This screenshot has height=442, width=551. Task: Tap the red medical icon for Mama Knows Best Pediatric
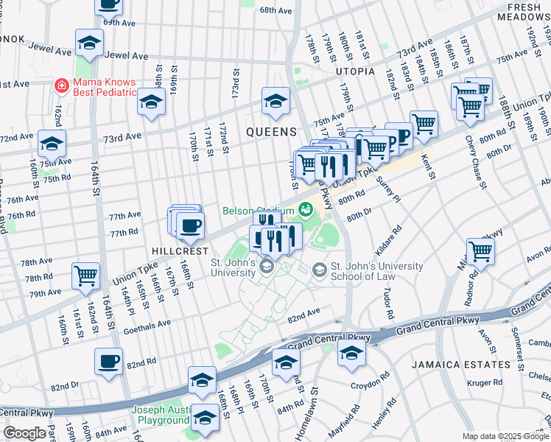[x=62, y=85]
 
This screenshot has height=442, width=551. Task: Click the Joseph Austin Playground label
[x=161, y=415]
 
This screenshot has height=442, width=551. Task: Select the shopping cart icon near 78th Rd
[x=86, y=276]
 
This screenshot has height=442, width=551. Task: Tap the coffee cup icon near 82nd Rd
[x=109, y=361]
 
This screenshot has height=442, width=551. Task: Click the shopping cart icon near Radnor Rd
[x=480, y=250]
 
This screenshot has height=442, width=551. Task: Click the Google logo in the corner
[x=25, y=433]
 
